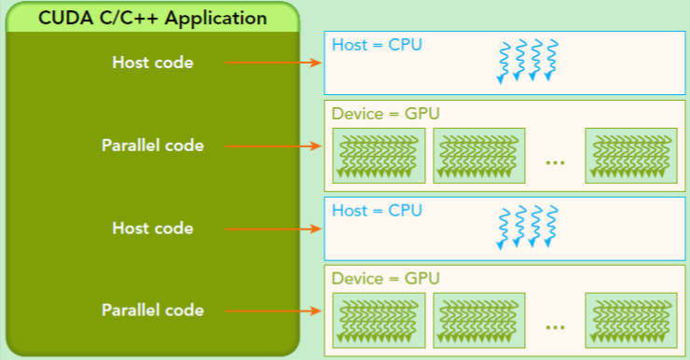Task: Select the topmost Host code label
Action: (153, 63)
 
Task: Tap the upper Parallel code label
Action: (153, 145)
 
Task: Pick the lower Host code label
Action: (153, 228)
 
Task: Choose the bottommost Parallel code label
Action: (153, 310)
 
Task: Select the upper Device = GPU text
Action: (385, 114)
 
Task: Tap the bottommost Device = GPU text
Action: (385, 278)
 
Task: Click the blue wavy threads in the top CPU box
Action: (528, 61)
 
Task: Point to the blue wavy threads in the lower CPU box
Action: (528, 226)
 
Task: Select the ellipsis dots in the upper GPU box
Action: (555, 161)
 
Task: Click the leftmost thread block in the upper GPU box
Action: (379, 155)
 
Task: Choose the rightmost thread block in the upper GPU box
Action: (631, 155)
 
